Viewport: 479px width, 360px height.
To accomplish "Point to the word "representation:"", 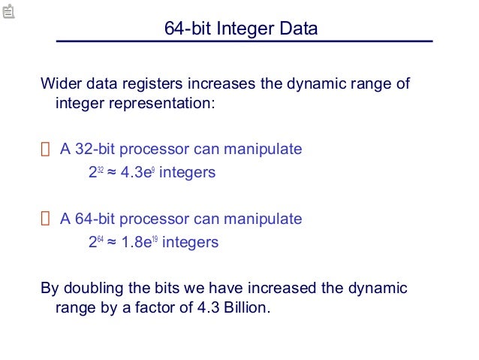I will pyautogui.click(x=135, y=103).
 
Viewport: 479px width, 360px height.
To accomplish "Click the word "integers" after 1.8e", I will pyautogui.click(x=190, y=242).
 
